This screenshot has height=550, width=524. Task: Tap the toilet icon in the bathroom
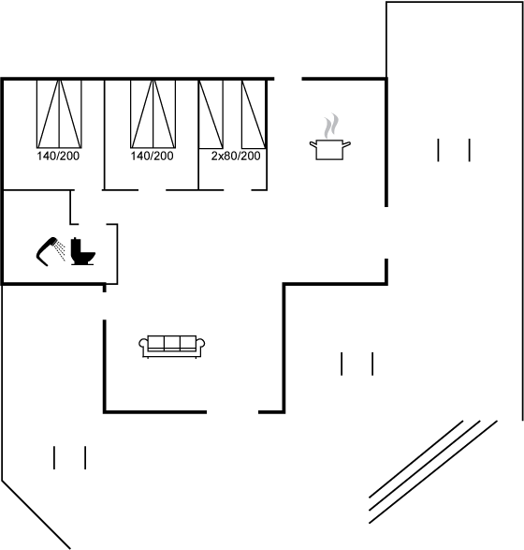(83, 251)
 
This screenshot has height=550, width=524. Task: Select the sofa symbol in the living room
(171, 347)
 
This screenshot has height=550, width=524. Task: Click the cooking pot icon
(330, 150)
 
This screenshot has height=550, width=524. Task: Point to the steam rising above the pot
(331, 126)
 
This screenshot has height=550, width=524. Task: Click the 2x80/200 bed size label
(236, 156)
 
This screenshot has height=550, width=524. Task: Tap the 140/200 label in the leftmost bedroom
(58, 156)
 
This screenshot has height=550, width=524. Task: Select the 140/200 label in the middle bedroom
(152, 156)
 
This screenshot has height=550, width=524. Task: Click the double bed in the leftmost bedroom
(59, 114)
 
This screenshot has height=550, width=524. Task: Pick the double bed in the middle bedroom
(153, 114)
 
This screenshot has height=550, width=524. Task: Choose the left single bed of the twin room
(211, 114)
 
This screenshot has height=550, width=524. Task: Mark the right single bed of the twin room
(254, 114)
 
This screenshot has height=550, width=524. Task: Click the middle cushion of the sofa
(172, 343)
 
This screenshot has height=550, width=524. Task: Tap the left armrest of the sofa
(143, 344)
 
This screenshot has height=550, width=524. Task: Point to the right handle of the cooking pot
(346, 143)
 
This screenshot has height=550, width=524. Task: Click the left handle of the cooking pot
(313, 143)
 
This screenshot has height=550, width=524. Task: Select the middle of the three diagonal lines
(425, 466)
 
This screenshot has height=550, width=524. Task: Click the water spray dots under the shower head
(61, 251)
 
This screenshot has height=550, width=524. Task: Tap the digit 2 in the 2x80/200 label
(214, 156)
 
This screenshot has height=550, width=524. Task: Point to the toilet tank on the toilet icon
(77, 245)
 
